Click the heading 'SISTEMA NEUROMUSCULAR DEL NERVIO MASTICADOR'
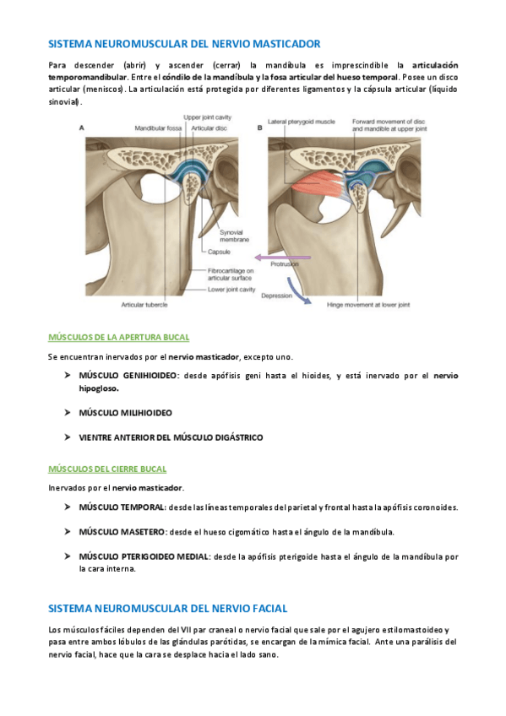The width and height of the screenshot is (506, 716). point(184,43)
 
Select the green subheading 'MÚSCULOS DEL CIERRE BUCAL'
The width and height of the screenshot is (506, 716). point(107,469)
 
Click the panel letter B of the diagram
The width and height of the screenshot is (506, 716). point(258,127)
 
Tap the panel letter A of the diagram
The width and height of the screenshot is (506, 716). point(81,127)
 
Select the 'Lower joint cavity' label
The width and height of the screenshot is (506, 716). point(231,290)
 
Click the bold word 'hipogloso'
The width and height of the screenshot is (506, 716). point(99,388)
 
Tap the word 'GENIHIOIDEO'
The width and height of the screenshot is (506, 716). point(152,375)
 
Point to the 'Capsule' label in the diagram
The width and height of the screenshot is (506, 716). point(221,252)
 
